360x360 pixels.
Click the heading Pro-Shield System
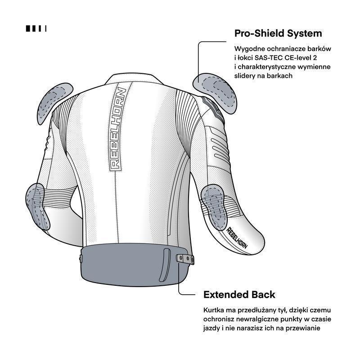point(278,33)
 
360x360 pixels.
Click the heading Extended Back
point(239,295)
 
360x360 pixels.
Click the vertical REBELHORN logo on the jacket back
point(117,129)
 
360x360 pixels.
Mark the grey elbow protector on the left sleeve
point(37,207)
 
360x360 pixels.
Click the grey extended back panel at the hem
point(135,265)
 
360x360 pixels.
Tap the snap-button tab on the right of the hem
point(185,258)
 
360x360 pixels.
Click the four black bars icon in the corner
point(36,28)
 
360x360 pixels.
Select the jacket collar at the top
point(134,79)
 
